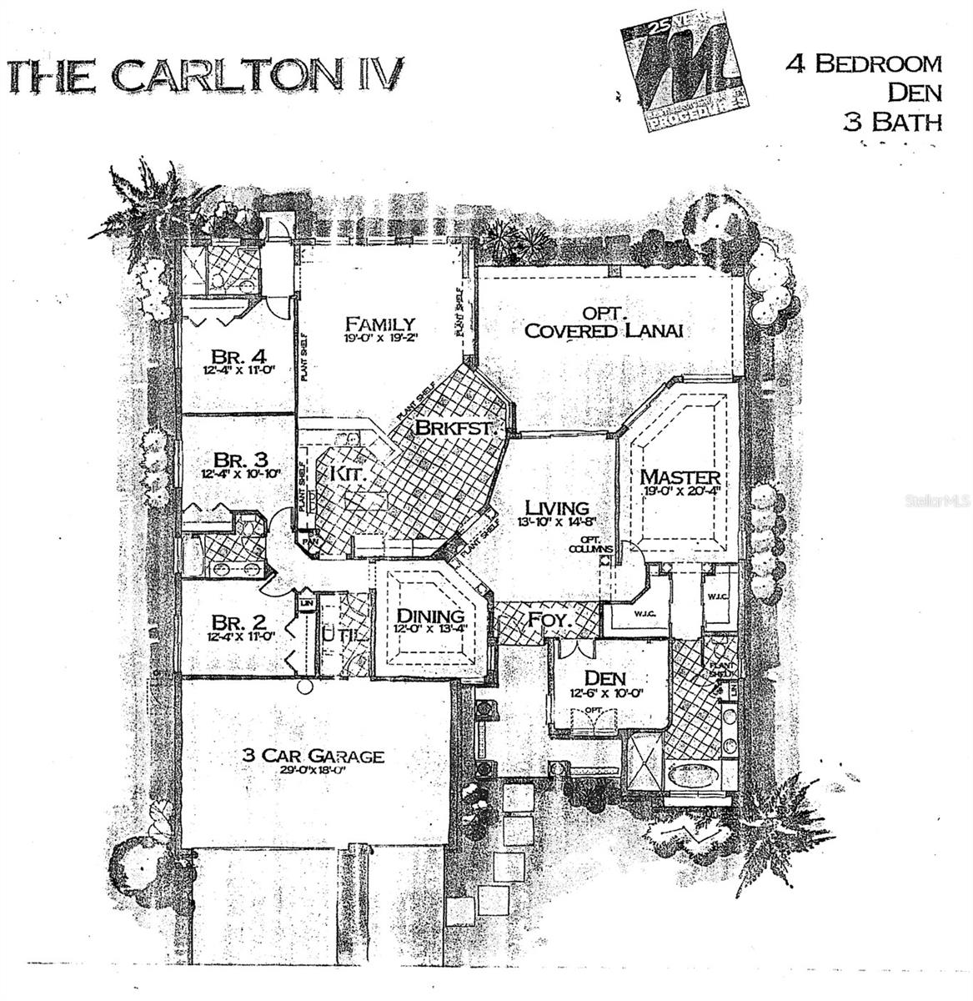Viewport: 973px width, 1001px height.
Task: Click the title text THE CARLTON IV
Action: (204, 74)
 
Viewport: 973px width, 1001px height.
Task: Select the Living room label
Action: (556, 506)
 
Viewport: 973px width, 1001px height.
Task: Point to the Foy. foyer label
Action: (547, 620)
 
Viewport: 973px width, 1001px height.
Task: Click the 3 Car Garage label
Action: (313, 756)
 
